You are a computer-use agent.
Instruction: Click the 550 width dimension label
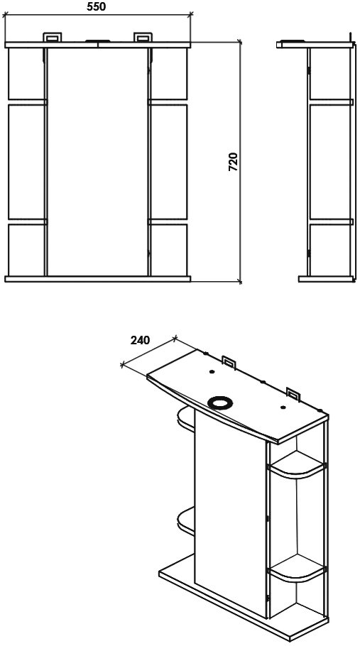[x=97, y=6]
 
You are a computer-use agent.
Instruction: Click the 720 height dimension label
[x=233, y=162]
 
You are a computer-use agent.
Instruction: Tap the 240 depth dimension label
[x=140, y=340]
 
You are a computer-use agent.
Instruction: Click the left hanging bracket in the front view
[x=53, y=37]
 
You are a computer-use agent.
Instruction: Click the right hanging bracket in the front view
[x=143, y=37]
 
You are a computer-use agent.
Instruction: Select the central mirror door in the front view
[x=97, y=162]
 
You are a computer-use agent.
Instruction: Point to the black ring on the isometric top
[x=220, y=402]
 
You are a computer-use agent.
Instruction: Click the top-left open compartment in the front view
[x=26, y=74]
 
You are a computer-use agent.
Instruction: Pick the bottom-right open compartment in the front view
[x=169, y=250]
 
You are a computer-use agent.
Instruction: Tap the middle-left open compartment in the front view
[x=26, y=162]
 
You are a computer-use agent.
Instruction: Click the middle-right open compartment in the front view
[x=169, y=162]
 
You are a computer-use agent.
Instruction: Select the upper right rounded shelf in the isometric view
[x=296, y=466]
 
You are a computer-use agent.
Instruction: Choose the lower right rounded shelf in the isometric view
[x=296, y=569]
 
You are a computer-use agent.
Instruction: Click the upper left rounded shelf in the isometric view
[x=186, y=419]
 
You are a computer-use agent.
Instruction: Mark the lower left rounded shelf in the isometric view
[x=186, y=521]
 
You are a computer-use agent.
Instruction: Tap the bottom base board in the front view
[x=97, y=279]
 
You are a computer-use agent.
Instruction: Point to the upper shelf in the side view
[x=331, y=102]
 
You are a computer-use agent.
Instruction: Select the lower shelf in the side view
[x=331, y=221]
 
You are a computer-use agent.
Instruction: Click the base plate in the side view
[x=326, y=279]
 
